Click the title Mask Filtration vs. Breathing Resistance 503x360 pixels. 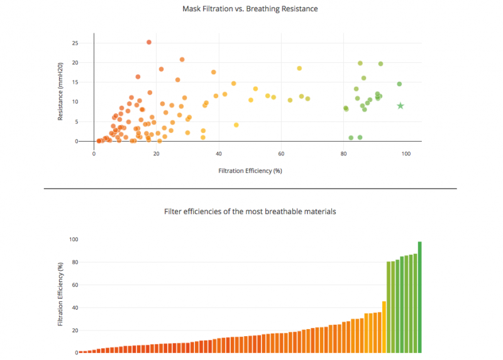(250, 9)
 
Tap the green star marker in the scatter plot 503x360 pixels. (401, 106)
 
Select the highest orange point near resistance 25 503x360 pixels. (149, 42)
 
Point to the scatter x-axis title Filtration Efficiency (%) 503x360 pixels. (250, 171)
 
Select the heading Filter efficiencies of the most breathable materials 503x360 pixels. (250, 211)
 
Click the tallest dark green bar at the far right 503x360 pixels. (419, 297)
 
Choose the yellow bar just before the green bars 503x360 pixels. (384, 327)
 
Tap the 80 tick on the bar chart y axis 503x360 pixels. (74, 262)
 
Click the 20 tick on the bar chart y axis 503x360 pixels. (74, 330)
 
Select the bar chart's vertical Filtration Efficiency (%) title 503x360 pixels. (60, 294)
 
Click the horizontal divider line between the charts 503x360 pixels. (250, 188)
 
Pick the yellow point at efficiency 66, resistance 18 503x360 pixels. (299, 68)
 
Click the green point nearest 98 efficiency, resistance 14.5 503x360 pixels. (399, 84)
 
